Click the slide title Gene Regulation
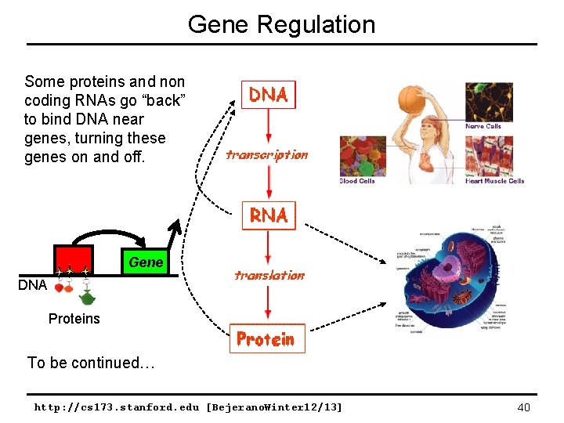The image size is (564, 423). tap(281, 24)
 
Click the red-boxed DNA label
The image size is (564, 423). tap(269, 95)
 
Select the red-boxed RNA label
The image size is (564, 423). tap(269, 214)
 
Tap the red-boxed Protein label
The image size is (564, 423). tap(266, 339)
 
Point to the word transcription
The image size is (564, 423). tap(266, 154)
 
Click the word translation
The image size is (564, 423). tap(269, 275)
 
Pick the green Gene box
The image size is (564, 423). tap(145, 262)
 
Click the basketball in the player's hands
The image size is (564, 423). tap(411, 100)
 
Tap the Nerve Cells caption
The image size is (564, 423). tap(483, 126)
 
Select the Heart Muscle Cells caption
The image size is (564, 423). tap(494, 181)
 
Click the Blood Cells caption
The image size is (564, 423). tap(357, 181)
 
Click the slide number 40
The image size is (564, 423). tap(524, 407)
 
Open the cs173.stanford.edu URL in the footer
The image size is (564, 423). tap(188, 407)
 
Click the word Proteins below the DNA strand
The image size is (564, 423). tap(74, 318)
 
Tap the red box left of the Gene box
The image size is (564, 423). tap(73, 260)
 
